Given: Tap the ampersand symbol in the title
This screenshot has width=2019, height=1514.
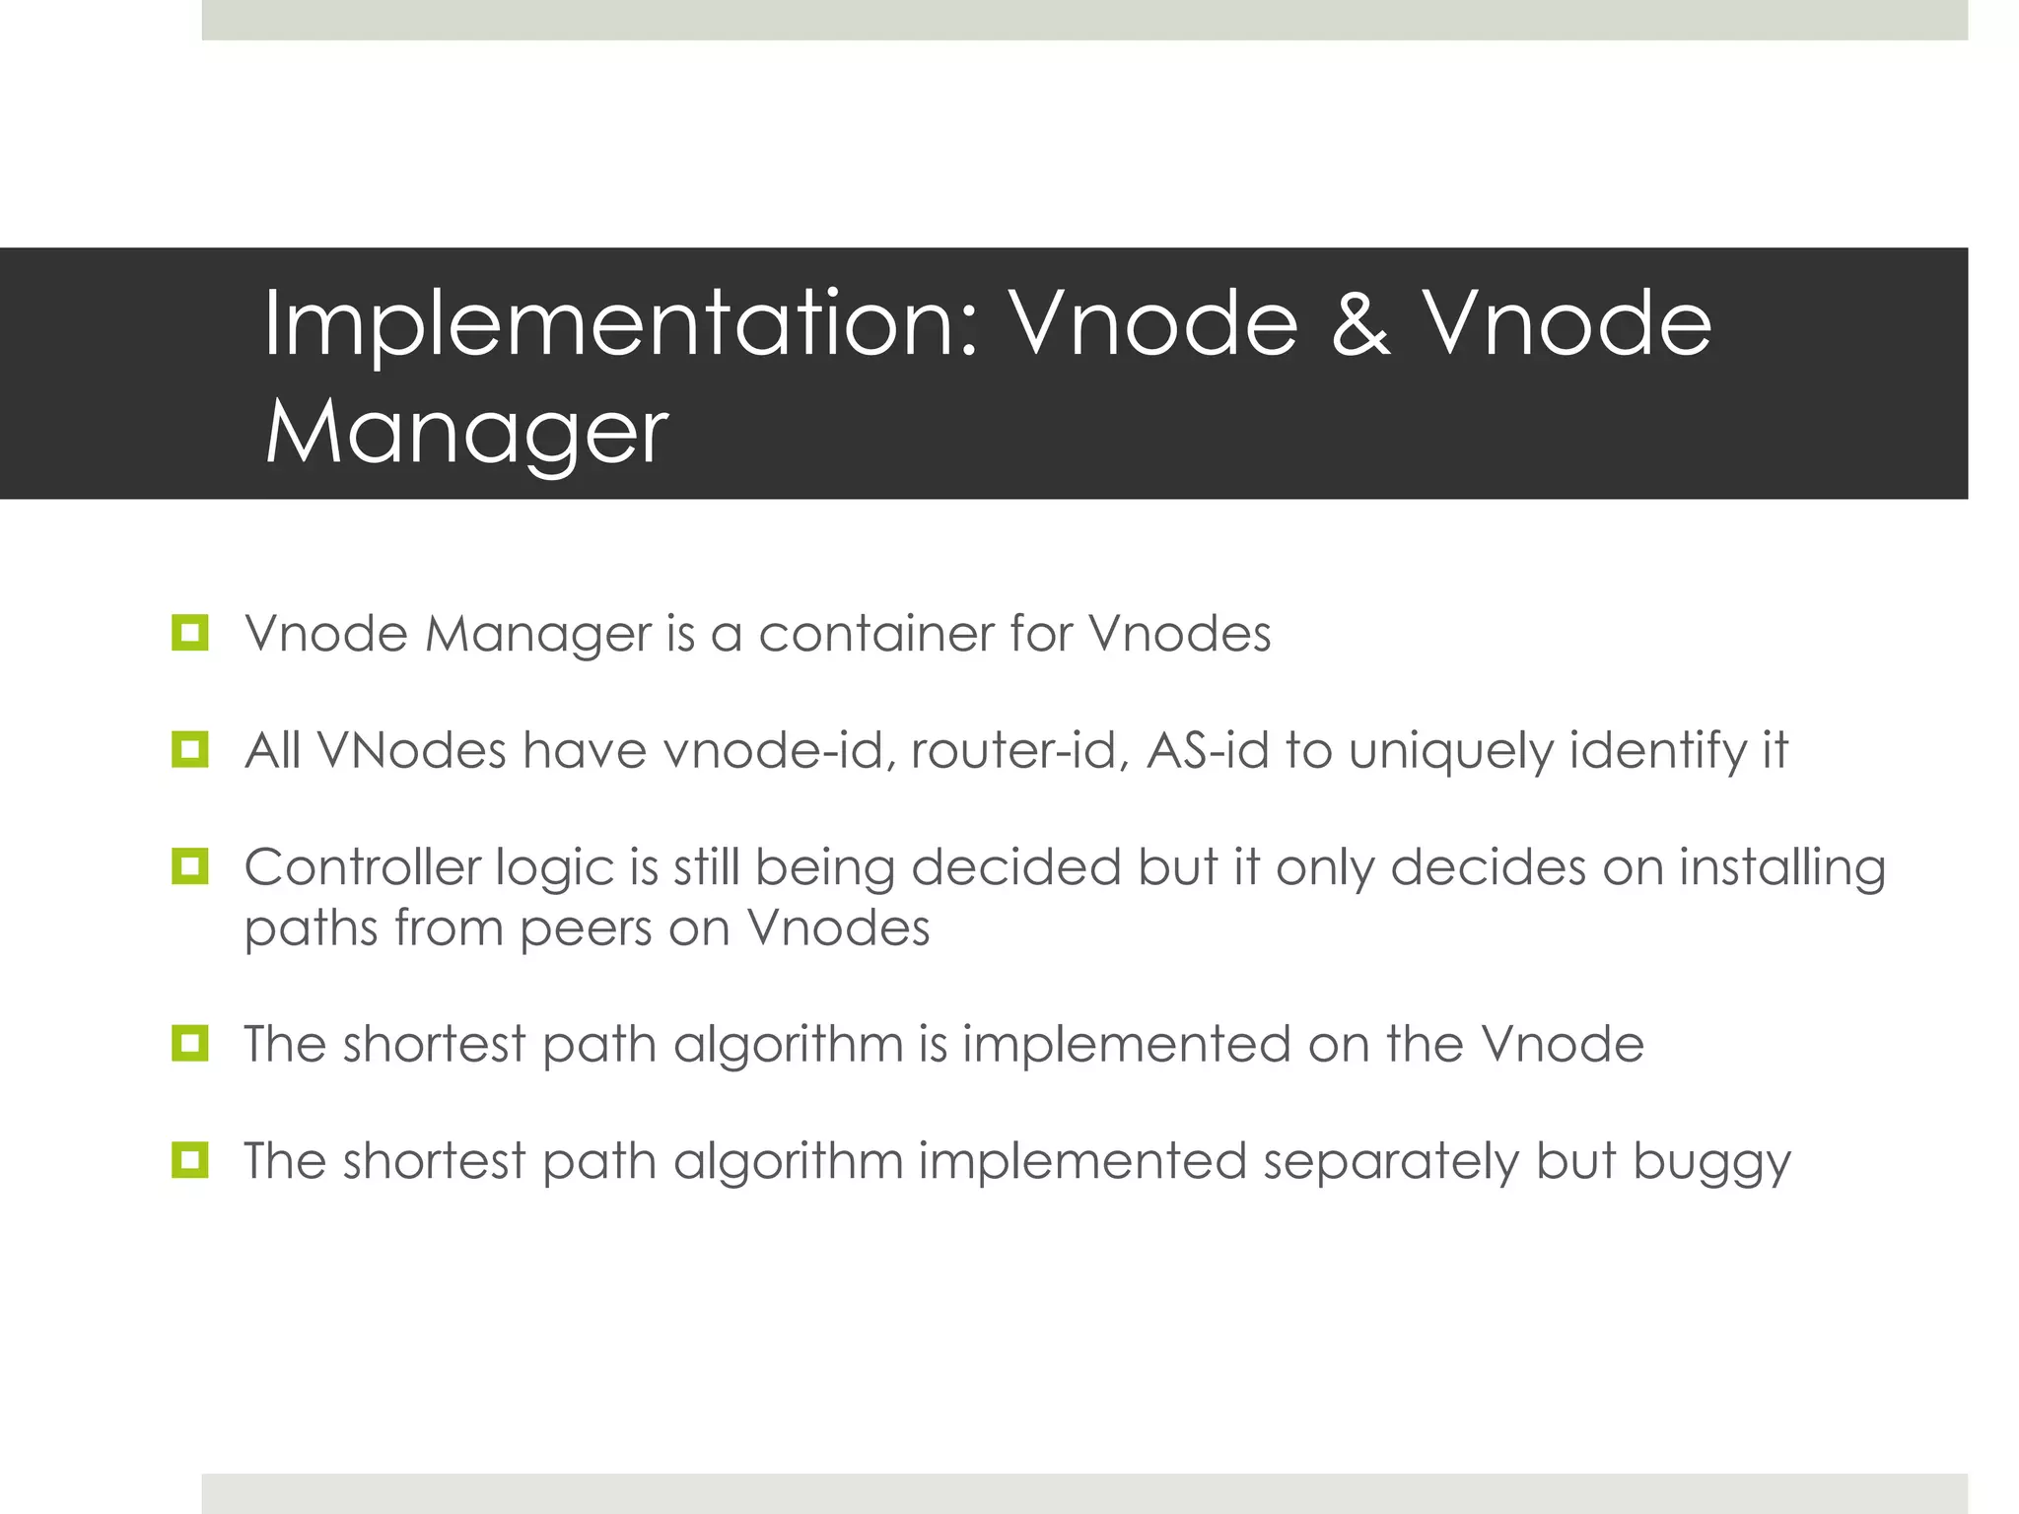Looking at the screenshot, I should (x=1360, y=325).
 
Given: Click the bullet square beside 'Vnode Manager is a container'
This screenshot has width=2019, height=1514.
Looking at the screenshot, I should (x=189, y=633).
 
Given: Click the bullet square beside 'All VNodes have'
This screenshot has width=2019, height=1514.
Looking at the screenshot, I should (x=189, y=750).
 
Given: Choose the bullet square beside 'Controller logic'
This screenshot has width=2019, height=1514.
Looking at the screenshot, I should (x=189, y=867).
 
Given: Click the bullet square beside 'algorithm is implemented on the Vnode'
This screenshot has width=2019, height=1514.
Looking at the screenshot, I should (x=189, y=1043).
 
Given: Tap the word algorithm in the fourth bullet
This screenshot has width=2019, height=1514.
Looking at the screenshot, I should (x=789, y=1045).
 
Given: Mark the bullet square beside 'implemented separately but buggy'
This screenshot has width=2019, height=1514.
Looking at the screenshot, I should (x=189, y=1160).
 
